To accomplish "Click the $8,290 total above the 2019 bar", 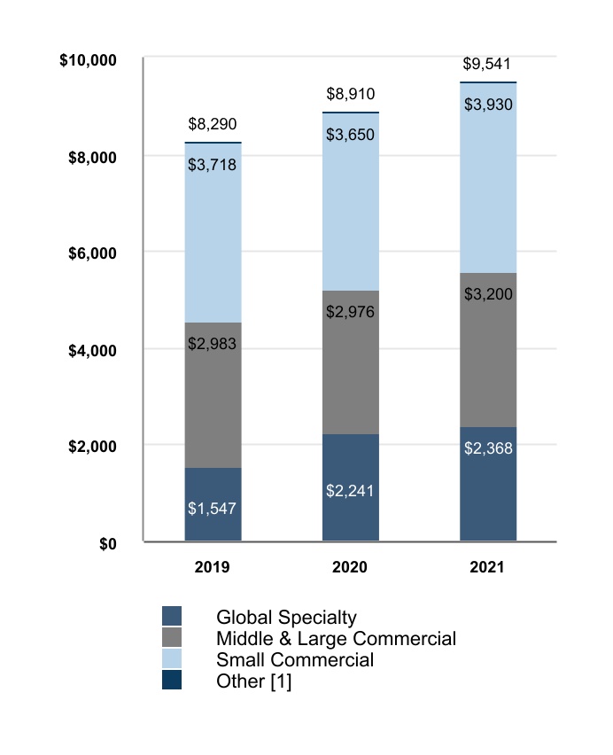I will coord(213,124).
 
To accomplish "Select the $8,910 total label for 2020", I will coord(350,93).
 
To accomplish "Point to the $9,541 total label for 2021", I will coord(487,64).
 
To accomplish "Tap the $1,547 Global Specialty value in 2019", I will coord(213,509).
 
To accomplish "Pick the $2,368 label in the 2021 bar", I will coord(487,448).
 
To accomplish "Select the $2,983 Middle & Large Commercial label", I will coord(213,343).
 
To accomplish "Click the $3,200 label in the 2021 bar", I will coord(487,293).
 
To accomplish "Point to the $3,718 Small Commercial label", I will coord(213,164).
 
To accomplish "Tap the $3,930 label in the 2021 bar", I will coord(487,105).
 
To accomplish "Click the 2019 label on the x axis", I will coord(213,567).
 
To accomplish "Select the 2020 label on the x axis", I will coord(350,567).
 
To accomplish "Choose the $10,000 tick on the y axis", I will coord(88,60).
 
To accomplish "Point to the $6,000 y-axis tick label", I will coord(93,253).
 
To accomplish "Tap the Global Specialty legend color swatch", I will coord(172,617).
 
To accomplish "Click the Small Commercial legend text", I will coord(295,660).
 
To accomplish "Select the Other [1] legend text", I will coord(253,681).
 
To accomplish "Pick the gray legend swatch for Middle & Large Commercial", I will coord(172,638).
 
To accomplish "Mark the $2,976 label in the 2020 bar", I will coord(350,312).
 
